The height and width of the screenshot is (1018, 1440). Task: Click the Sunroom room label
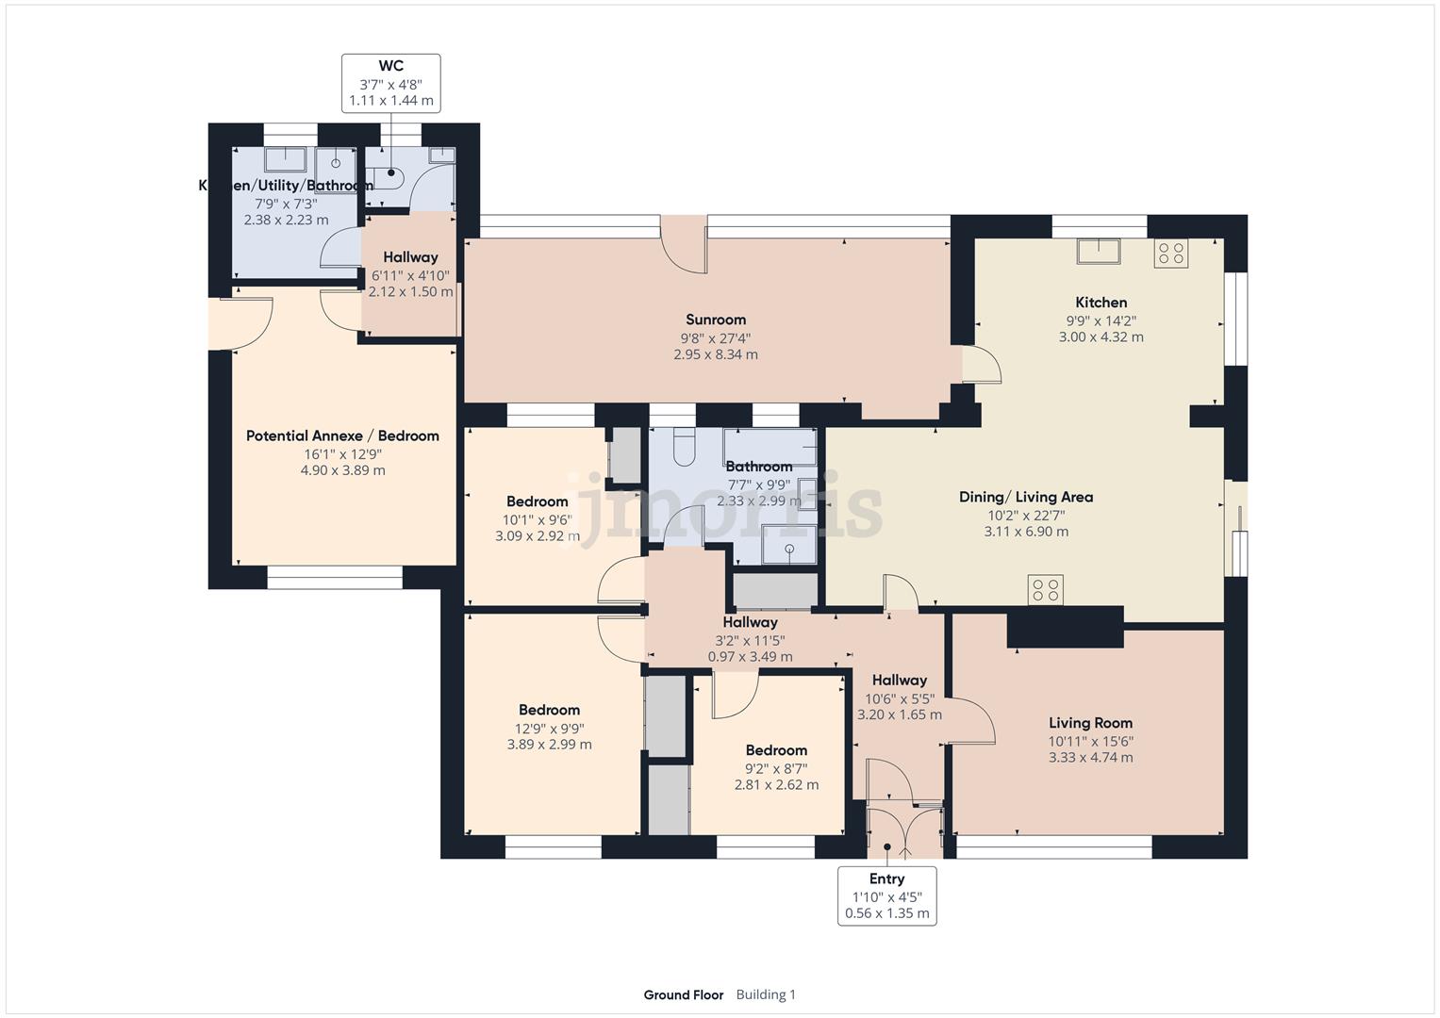[715, 320]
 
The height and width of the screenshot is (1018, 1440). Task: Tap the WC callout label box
[390, 83]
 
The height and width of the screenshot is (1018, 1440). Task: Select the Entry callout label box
[886, 895]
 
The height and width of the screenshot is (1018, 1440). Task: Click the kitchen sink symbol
[1099, 252]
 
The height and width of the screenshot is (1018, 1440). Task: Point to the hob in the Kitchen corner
[1171, 253]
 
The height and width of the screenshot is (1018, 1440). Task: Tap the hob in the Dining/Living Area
[1046, 590]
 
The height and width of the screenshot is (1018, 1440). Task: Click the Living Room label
[1090, 723]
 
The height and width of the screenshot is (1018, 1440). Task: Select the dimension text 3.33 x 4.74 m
[1090, 757]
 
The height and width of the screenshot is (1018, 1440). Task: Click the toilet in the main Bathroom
[685, 447]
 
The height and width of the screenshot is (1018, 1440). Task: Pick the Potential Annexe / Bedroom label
[342, 435]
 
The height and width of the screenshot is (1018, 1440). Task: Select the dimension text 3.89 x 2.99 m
[549, 744]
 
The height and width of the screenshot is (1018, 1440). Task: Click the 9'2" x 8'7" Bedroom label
[776, 750]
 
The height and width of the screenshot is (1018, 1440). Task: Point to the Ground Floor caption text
[684, 994]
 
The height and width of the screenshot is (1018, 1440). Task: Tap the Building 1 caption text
[766, 994]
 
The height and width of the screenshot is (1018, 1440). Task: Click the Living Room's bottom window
[1054, 846]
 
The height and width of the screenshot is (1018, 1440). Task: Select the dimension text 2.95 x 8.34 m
[715, 354]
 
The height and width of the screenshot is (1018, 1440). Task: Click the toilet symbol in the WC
[387, 174]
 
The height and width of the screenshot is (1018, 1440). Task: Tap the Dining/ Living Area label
[1026, 497]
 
